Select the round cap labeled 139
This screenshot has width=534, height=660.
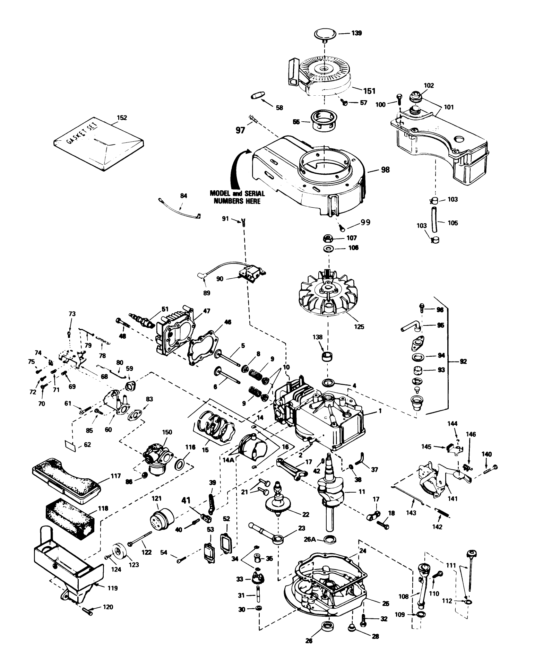tap(325, 34)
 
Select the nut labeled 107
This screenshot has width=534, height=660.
tap(328, 238)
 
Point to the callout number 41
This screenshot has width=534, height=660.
tap(187, 500)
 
